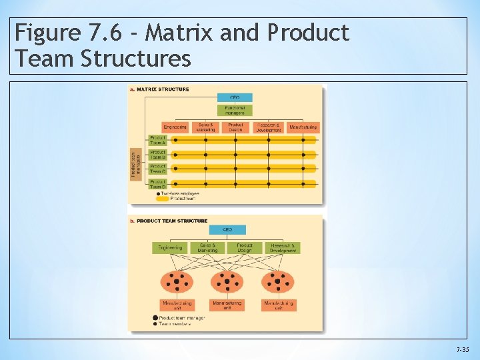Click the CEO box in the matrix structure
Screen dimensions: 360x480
coord(235,97)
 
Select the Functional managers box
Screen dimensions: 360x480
coord(235,110)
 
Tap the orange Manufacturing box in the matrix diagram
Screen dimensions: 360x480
coord(303,127)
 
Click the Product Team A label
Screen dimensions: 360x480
coord(158,140)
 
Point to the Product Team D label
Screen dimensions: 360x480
coord(158,183)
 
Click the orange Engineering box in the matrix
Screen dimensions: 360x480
coord(175,127)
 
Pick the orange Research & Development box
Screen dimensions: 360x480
coord(268,127)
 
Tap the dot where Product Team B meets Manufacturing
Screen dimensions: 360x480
coord(303,155)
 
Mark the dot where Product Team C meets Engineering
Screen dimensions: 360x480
coord(175,169)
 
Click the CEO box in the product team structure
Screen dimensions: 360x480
coord(227,230)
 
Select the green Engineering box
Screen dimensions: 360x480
coord(170,247)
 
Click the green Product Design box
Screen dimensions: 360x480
coord(245,247)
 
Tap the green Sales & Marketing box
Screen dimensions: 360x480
coord(207,247)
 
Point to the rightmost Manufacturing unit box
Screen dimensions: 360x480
coord(279,305)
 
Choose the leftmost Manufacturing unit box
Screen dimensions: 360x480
coord(177,305)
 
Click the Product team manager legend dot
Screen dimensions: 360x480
coord(155,318)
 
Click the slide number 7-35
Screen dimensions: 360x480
coord(463,349)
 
